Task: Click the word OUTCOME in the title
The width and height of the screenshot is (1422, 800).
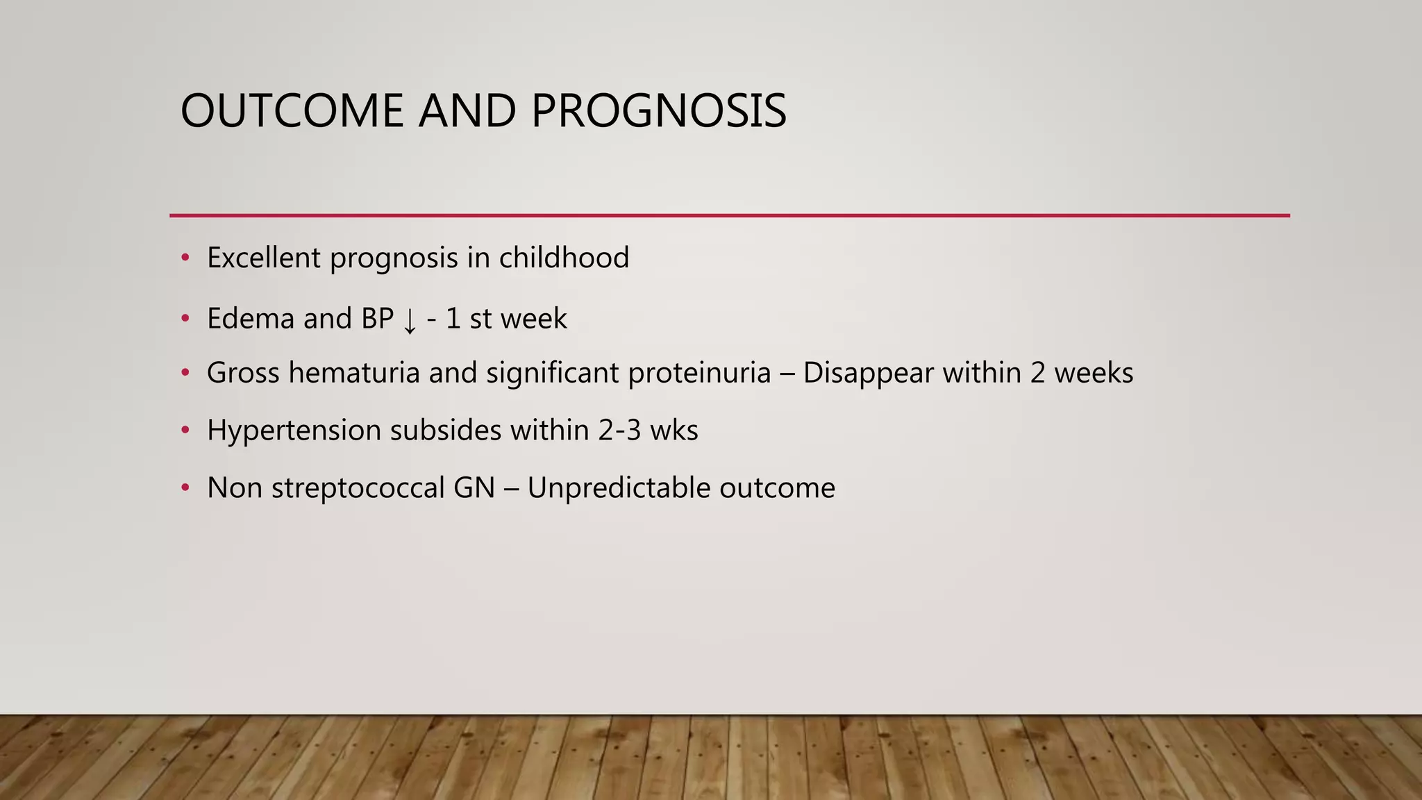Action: pyautogui.click(x=292, y=111)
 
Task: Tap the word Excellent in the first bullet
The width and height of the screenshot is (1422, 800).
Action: pyautogui.click(x=263, y=258)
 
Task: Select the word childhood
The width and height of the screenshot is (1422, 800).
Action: pyautogui.click(x=564, y=258)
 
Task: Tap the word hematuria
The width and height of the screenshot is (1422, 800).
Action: pyautogui.click(x=353, y=373)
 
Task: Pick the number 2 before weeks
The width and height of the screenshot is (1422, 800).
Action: pyautogui.click(x=1037, y=373)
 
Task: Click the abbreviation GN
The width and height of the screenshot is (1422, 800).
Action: pyautogui.click(x=474, y=488)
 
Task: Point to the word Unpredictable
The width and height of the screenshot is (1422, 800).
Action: pyautogui.click(x=619, y=488)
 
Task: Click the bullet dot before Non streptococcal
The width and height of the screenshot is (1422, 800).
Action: pyautogui.click(x=185, y=488)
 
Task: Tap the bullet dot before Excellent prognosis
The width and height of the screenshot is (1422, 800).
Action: pyautogui.click(x=185, y=258)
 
